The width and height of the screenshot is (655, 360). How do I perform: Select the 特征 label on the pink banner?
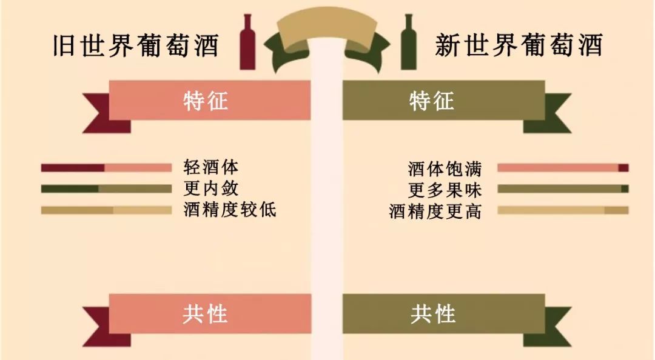[x=206, y=101]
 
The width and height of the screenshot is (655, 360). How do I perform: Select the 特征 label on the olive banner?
[x=432, y=101]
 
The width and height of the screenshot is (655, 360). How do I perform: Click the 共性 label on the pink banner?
[x=206, y=314]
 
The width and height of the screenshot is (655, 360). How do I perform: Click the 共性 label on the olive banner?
[x=432, y=314]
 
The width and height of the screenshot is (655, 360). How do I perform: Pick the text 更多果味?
[x=445, y=190]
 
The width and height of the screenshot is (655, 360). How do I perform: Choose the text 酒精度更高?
[x=435, y=211]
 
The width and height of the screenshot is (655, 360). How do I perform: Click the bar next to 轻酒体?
[x=106, y=168]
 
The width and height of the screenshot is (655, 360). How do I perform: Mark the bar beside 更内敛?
[x=106, y=188]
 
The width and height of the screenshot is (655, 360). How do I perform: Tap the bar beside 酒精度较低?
[x=106, y=210]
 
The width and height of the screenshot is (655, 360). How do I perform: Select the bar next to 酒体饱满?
[x=563, y=168]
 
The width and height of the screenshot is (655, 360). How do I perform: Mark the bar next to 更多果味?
[x=563, y=188]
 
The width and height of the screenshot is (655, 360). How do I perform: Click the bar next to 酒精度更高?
[x=563, y=210]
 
